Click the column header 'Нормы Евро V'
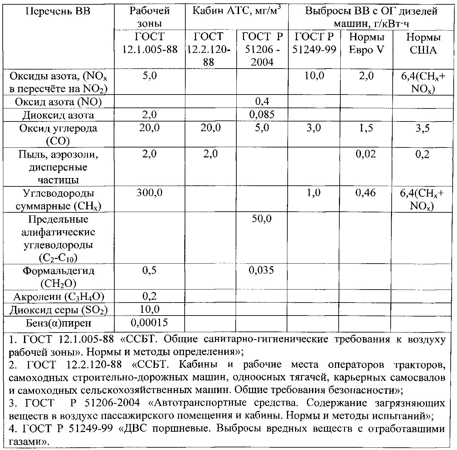click(x=366, y=43)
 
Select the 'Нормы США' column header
click(x=423, y=43)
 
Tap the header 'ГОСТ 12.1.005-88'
click(x=150, y=43)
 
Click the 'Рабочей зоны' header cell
click(x=150, y=17)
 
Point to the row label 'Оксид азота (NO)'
click(x=58, y=102)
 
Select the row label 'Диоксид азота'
click(x=58, y=115)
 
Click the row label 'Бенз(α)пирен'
click(x=58, y=323)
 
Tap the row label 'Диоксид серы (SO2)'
click(x=58, y=310)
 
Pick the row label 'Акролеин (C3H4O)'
click(x=58, y=297)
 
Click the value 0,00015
click(x=149, y=323)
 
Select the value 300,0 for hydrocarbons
click(x=149, y=193)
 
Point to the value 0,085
click(x=262, y=115)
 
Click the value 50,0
click(x=262, y=219)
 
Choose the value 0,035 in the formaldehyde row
click(x=262, y=270)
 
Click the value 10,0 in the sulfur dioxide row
click(x=149, y=310)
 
